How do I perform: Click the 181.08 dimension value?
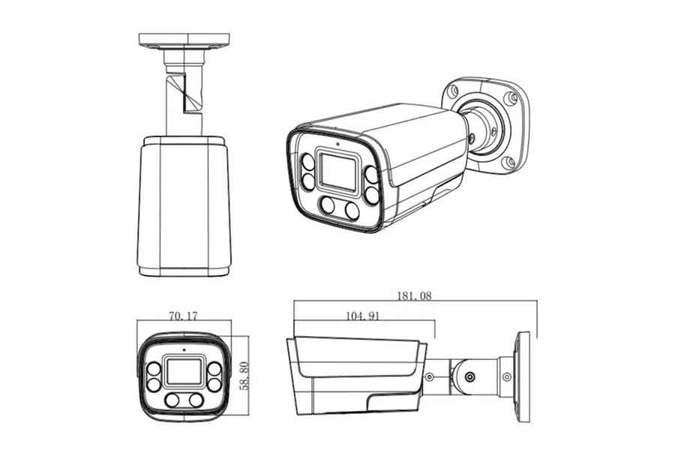[x=414, y=295]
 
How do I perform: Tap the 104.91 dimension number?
[x=362, y=316]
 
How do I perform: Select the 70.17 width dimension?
[x=184, y=316]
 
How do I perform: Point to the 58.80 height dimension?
[x=244, y=376]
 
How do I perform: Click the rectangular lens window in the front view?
[x=184, y=371]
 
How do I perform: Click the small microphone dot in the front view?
[x=184, y=349]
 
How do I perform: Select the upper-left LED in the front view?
[x=154, y=370]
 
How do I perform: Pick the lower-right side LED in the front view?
[x=214, y=385]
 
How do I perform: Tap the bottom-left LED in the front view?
[x=172, y=400]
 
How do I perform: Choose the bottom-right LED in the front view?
[x=196, y=400]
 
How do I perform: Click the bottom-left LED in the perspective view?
[x=328, y=205]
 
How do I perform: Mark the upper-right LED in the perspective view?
[x=371, y=175]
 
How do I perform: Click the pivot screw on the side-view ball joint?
[x=470, y=377]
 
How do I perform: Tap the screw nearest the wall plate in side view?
[x=507, y=377]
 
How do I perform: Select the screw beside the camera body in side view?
[x=429, y=377]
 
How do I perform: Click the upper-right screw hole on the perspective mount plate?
[x=511, y=97]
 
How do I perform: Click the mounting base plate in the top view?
[x=184, y=40]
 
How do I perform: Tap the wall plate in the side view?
[x=524, y=377]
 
